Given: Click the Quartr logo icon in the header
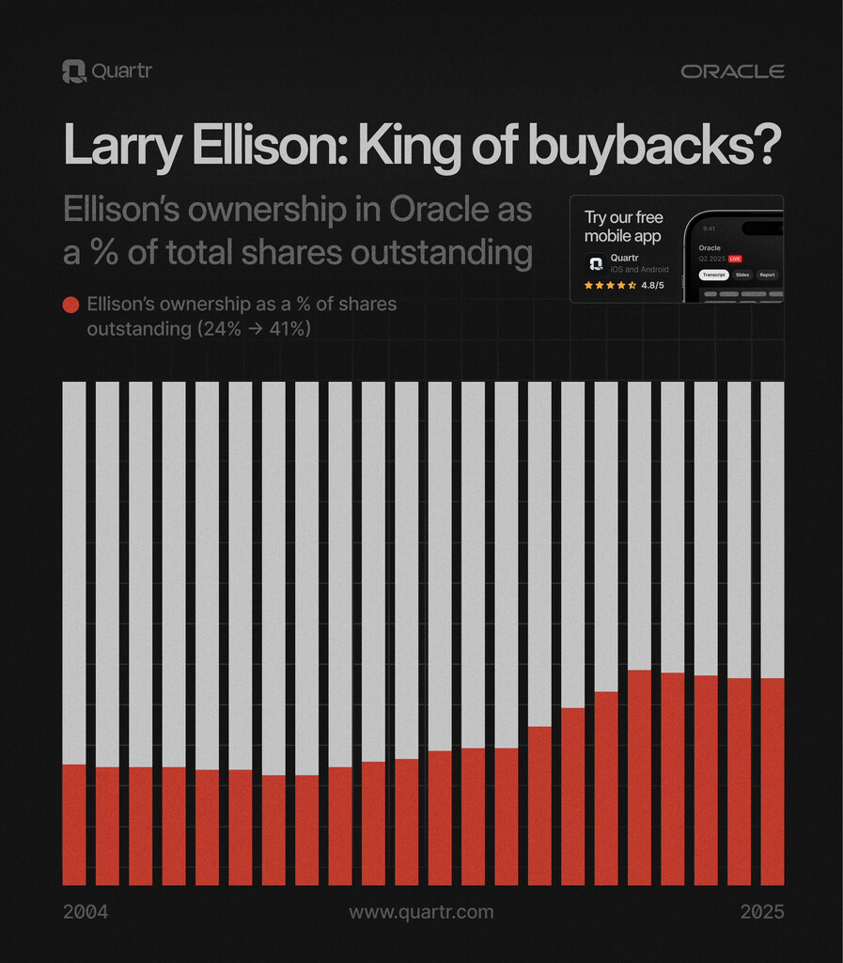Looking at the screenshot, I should pyautogui.click(x=73, y=71).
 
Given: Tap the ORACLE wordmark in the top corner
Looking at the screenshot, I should pyautogui.click(x=732, y=71).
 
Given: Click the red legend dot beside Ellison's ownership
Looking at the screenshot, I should pyautogui.click(x=70, y=305).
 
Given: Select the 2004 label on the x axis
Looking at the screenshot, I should pyautogui.click(x=86, y=912).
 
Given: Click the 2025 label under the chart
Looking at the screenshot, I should pyautogui.click(x=761, y=912).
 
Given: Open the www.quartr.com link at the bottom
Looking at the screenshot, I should pyautogui.click(x=421, y=912).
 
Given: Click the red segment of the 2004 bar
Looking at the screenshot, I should pyautogui.click(x=73, y=825).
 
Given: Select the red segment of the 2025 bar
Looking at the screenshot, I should pyautogui.click(x=772, y=781).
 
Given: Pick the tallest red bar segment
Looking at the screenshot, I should pyautogui.click(x=639, y=778).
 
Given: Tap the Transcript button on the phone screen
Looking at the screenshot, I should pyautogui.click(x=713, y=275).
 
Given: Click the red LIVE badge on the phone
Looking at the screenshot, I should pyautogui.click(x=735, y=258).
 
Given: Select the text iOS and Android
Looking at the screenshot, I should pyautogui.click(x=640, y=269).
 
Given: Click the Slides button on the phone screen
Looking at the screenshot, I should pyautogui.click(x=742, y=275).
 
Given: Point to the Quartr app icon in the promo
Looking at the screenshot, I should pyautogui.click(x=595, y=263).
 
